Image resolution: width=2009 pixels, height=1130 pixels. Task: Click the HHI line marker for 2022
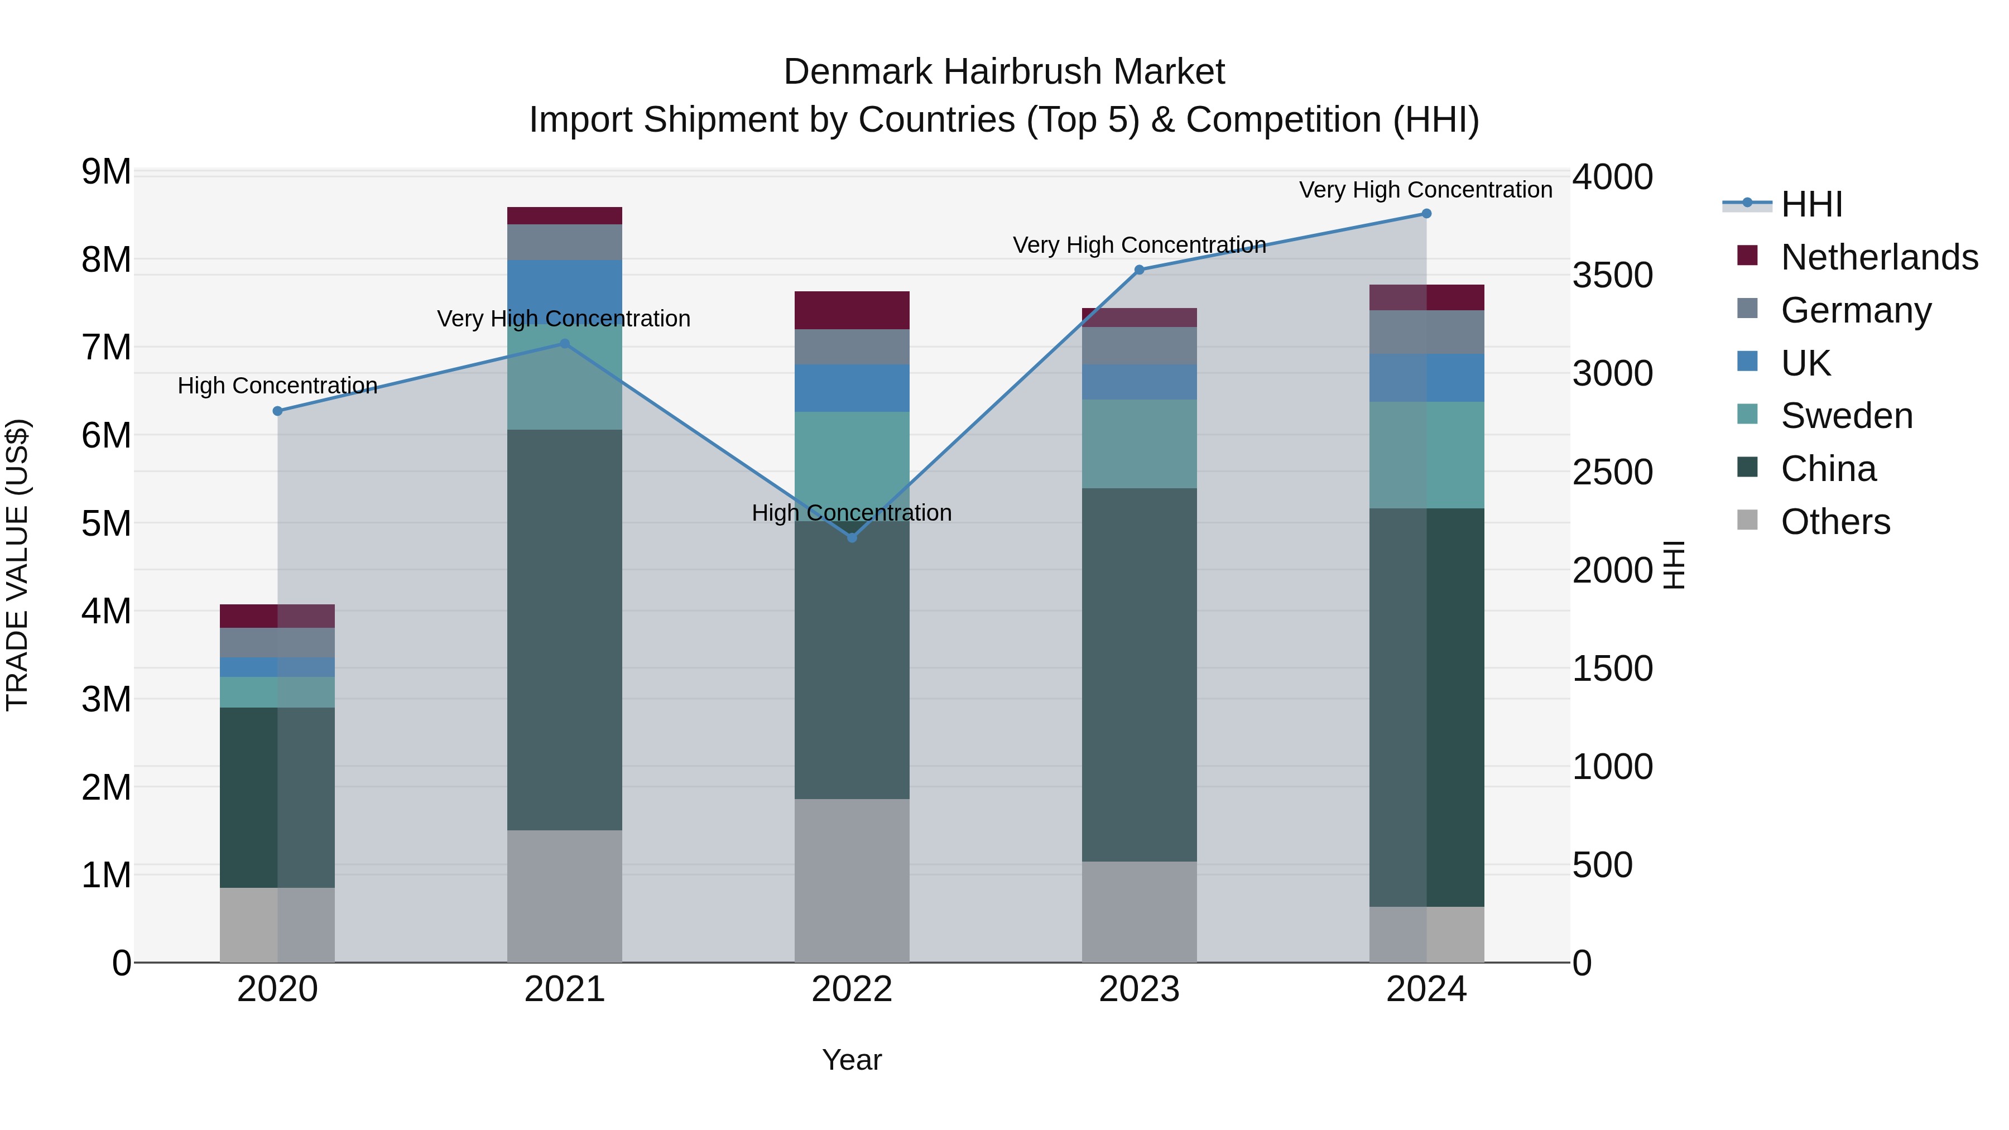click(852, 537)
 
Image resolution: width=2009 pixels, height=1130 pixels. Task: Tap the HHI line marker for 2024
click(1426, 214)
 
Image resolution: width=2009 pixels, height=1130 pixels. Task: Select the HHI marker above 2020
click(278, 411)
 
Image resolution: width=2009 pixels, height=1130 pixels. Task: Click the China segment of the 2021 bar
click(565, 629)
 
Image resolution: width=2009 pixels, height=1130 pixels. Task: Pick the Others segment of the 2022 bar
click(852, 881)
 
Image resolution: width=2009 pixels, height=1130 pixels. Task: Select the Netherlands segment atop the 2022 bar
click(852, 310)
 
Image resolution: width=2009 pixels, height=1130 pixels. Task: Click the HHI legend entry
click(1811, 204)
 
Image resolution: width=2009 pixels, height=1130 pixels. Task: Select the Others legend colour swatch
click(1748, 520)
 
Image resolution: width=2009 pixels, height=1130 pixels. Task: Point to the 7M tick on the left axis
click(106, 348)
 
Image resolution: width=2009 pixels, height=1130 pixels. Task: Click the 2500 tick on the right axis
click(1611, 473)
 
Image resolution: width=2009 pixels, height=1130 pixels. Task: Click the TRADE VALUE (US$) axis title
click(17, 565)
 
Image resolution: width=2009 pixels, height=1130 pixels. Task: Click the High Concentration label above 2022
click(852, 513)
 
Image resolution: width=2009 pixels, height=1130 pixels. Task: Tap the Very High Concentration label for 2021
click(564, 319)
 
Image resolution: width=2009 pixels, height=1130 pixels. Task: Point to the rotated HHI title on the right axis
click(1674, 565)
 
